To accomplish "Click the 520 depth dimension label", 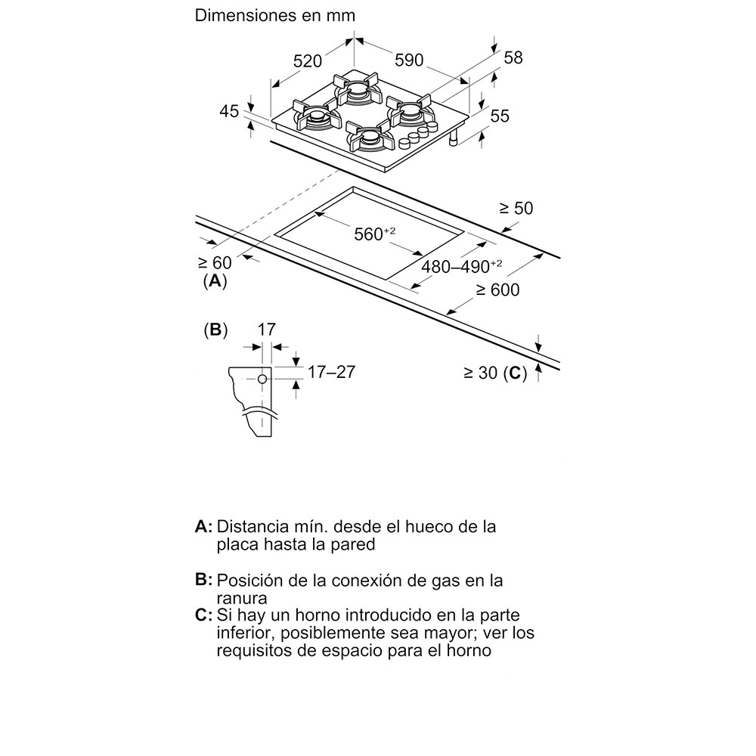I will pos(308,62).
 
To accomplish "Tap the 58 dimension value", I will pos(513,58).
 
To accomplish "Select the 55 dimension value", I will pos(500,116).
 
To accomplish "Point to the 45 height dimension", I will pos(229,111).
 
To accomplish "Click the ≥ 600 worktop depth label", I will pos(497,290).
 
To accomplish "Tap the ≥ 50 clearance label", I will pos(517,208).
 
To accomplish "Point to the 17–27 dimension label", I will pos(330,372).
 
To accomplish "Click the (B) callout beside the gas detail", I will pos(215,330).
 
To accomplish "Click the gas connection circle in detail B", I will pos(261,378).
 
